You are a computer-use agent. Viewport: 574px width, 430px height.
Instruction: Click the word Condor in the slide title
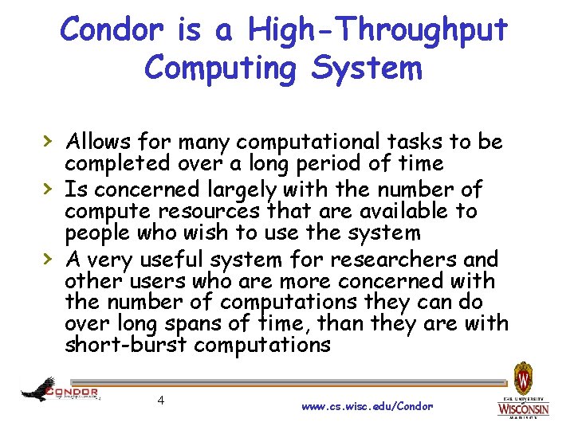pos(112,30)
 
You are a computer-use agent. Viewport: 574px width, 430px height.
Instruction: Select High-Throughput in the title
pos(378,30)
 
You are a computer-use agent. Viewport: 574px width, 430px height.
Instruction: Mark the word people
pos(95,234)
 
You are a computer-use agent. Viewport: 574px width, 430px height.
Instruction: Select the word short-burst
pos(126,346)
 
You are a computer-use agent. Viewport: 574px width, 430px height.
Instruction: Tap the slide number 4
pos(161,400)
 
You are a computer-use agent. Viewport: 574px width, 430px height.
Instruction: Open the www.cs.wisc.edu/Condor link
pos(367,406)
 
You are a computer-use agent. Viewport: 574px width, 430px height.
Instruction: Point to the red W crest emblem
pos(523,376)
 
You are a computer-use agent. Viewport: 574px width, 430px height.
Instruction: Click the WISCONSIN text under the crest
pos(523,408)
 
